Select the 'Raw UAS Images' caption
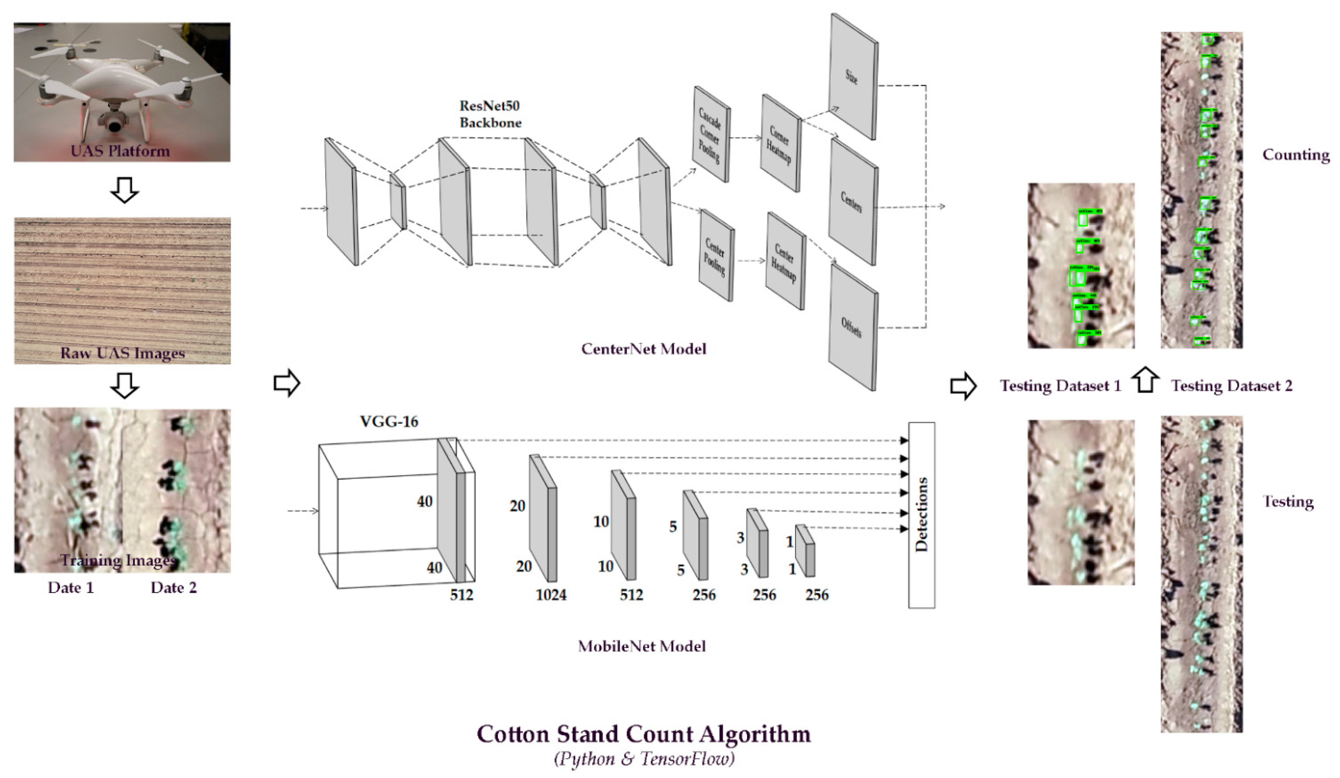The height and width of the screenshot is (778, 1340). (x=122, y=353)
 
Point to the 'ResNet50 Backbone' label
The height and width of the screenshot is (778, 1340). (x=490, y=114)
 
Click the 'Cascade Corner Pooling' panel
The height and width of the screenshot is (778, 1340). (x=710, y=134)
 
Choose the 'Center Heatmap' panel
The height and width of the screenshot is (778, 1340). (x=785, y=261)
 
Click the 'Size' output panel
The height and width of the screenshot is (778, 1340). (x=853, y=77)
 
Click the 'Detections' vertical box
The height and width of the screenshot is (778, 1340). (x=921, y=515)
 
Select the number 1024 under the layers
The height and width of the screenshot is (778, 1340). (x=551, y=595)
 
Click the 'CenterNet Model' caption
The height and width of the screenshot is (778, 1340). (x=644, y=349)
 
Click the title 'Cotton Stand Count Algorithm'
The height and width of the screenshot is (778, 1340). (x=644, y=734)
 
